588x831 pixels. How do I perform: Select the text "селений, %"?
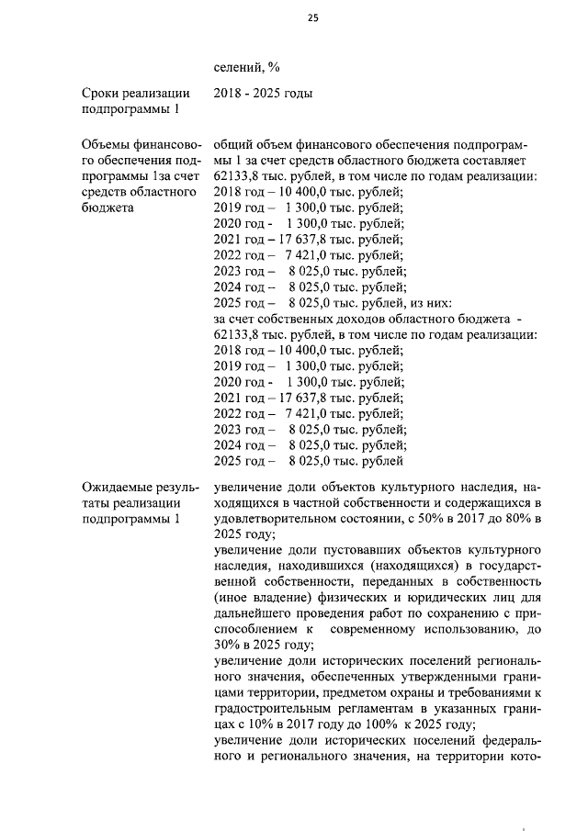point(246,66)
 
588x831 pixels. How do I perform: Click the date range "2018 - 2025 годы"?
point(263,93)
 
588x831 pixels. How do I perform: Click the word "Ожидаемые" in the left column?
point(116,485)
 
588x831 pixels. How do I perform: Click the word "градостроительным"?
point(276,706)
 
